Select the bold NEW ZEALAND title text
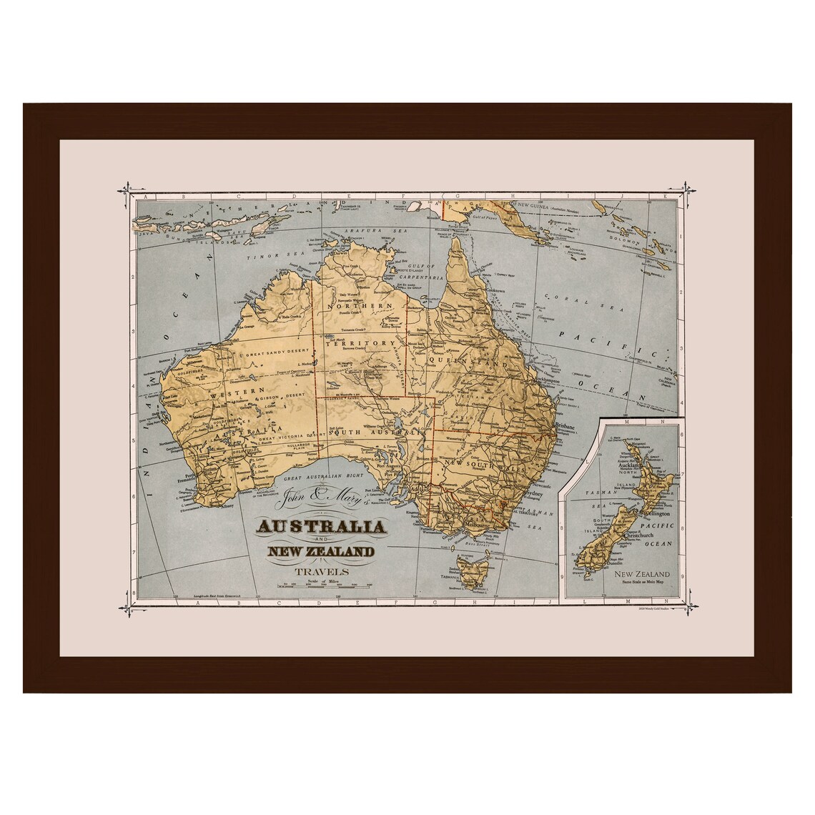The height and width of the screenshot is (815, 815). (320, 551)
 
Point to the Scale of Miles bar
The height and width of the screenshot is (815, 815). (325, 588)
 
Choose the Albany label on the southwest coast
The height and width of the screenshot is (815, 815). (227, 505)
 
